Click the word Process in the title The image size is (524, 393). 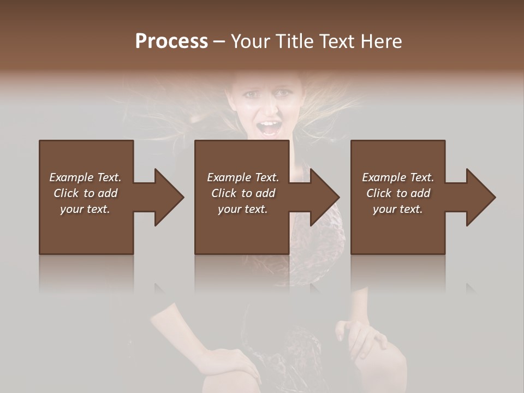pyautogui.click(x=171, y=41)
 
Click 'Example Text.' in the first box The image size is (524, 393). pyautogui.click(x=85, y=177)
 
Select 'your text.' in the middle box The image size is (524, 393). pyautogui.click(x=243, y=209)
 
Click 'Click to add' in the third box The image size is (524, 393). pyautogui.click(x=398, y=193)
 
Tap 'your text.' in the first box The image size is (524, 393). pyautogui.click(x=85, y=209)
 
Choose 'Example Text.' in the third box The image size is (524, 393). pyautogui.click(x=398, y=177)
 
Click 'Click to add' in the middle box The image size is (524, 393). pyautogui.click(x=243, y=193)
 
